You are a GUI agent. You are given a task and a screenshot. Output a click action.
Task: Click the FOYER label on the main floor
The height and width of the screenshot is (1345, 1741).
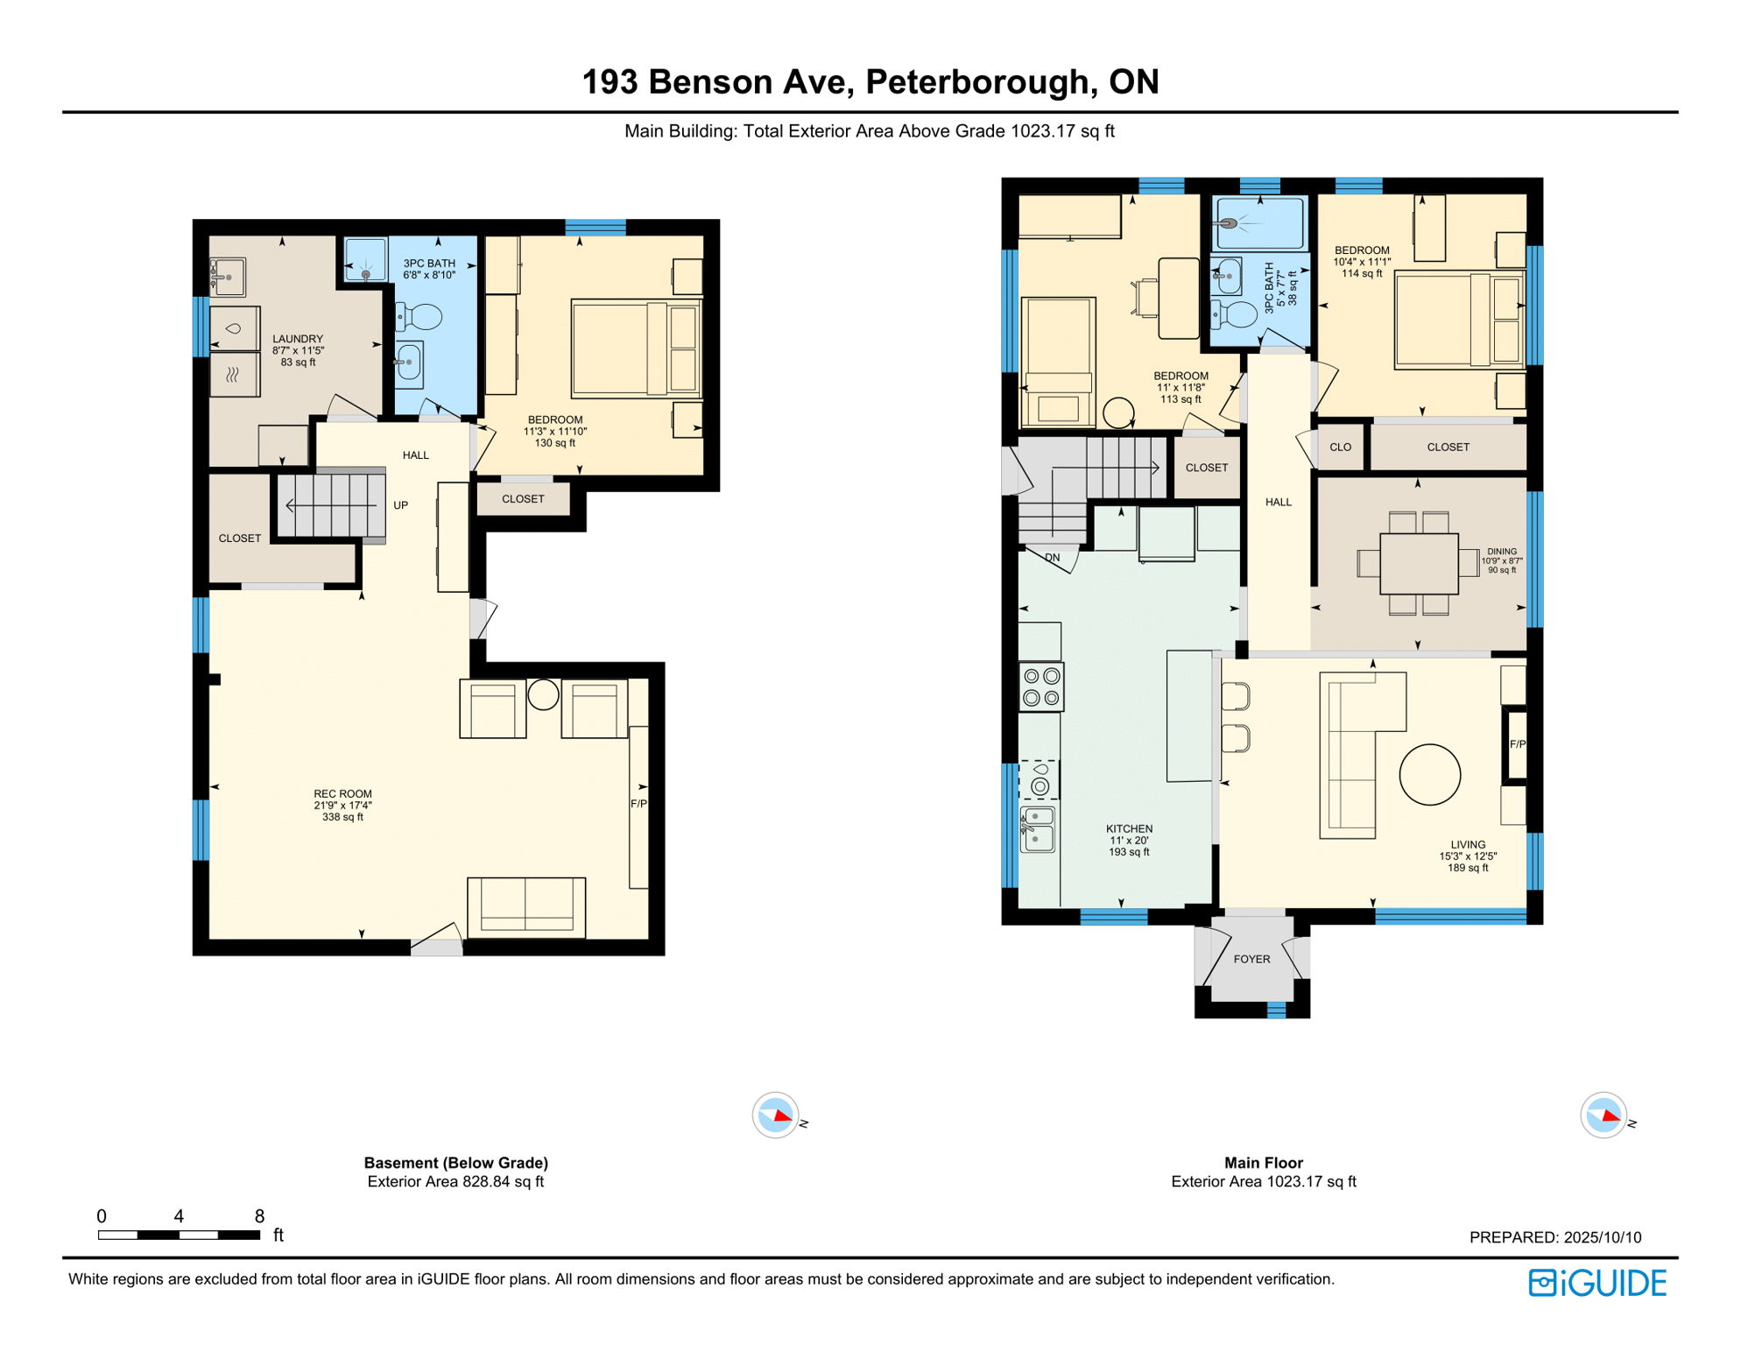1251,959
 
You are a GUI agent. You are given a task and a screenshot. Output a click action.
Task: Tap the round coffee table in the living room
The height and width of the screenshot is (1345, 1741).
1429,774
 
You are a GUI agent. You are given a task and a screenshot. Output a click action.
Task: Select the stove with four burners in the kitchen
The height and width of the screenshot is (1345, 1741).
1041,687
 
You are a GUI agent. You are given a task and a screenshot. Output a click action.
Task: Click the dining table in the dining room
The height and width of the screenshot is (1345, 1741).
1419,563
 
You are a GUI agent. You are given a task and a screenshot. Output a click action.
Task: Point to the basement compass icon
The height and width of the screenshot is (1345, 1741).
775,1116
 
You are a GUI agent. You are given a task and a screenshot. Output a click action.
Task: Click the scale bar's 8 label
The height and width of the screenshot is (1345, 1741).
259,1215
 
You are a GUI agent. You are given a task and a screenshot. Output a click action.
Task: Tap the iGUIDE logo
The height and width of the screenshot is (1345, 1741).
1597,1283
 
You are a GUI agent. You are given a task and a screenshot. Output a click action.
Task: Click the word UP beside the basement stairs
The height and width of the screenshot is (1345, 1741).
400,505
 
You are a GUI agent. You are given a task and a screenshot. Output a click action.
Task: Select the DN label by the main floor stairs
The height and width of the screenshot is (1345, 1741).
1052,557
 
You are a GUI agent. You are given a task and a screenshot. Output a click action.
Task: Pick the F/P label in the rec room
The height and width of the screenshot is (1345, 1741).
638,803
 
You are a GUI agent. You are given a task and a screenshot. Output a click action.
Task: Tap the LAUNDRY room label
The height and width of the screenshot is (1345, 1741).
298,339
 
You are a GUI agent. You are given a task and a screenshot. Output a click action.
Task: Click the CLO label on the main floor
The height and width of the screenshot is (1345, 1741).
1340,447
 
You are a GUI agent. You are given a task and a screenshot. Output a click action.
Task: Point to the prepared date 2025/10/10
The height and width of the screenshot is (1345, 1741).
1602,1237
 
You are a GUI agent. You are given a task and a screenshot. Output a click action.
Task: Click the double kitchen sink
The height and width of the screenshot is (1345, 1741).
1038,828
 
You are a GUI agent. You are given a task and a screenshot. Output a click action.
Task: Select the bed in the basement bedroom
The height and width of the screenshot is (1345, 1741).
635,349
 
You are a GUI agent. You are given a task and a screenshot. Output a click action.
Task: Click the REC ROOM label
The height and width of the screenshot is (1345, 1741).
342,793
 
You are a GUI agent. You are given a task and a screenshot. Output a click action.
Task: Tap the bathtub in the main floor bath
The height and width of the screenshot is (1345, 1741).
1259,223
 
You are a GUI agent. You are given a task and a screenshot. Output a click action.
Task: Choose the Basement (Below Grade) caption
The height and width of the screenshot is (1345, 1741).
455,1163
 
